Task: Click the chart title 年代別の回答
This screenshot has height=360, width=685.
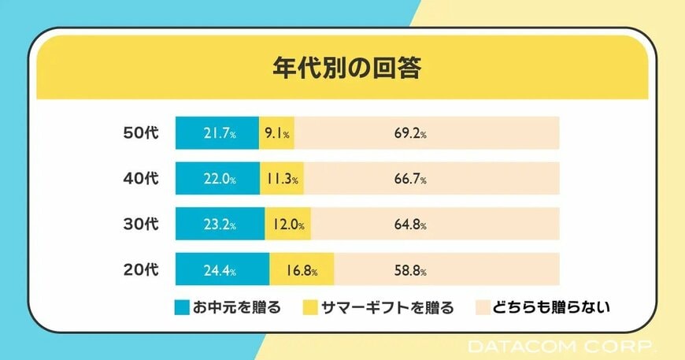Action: click(342, 68)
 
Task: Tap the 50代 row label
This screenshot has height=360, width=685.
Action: click(141, 133)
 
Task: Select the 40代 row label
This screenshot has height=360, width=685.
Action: click(141, 179)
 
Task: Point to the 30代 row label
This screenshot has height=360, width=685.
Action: click(141, 225)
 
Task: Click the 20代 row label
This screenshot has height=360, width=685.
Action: click(141, 270)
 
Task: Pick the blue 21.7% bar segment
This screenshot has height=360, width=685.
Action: click(217, 133)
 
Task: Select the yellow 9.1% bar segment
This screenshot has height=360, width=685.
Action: click(276, 133)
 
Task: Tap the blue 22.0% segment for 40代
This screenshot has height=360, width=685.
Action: click(217, 179)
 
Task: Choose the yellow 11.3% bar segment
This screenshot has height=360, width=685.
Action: click(281, 179)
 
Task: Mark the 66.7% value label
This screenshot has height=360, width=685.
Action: click(410, 180)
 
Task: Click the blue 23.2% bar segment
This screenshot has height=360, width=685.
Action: click(220, 225)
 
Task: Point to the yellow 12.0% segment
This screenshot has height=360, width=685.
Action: click(287, 225)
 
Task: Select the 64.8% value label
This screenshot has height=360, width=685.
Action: click(410, 225)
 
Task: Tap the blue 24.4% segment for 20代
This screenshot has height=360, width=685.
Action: click(222, 270)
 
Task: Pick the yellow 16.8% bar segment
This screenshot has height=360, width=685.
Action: click(302, 270)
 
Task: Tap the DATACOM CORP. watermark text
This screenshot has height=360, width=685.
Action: click(560, 347)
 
